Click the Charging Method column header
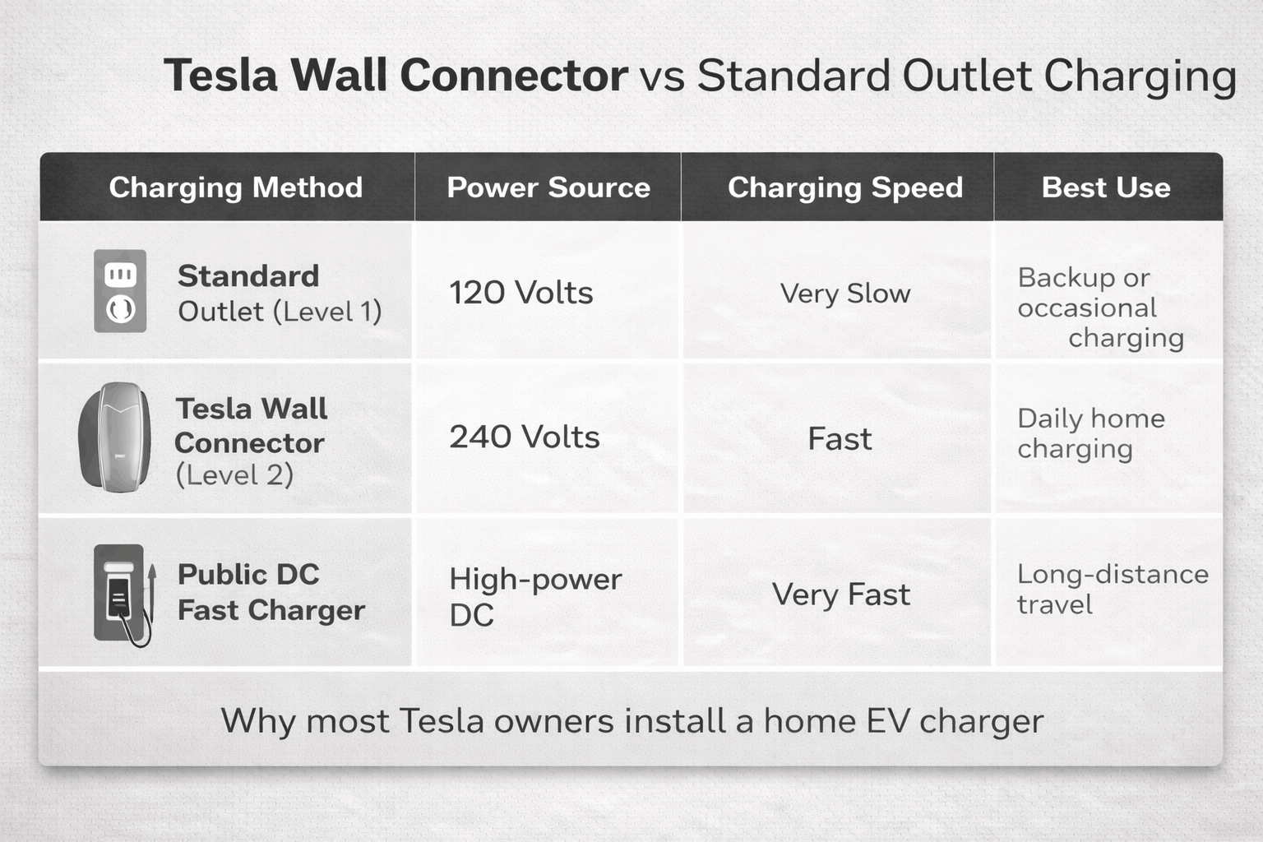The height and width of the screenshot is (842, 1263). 235,187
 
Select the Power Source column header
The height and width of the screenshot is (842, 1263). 548,187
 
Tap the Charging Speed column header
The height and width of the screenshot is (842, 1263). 844,187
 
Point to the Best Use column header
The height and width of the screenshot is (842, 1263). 1106,187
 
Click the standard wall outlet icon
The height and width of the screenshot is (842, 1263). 120,291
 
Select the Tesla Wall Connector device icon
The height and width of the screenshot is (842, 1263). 115,437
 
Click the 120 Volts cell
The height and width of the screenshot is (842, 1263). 520,293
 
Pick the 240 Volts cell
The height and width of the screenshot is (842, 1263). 524,437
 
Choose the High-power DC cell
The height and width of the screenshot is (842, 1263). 534,596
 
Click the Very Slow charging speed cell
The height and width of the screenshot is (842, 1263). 844,294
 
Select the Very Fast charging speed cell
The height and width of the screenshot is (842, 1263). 840,594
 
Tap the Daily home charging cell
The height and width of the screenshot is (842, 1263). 1090,433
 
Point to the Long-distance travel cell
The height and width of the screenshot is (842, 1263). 1112,589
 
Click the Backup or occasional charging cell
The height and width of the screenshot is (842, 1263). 1099,308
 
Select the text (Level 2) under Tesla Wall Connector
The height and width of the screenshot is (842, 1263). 234,475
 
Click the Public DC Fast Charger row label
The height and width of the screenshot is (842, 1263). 271,592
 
